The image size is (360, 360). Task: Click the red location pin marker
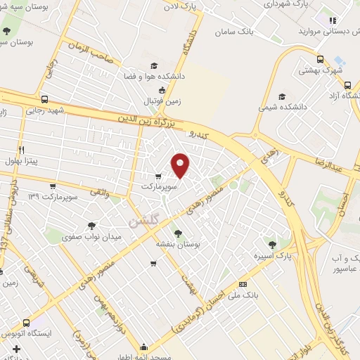(x=181, y=166)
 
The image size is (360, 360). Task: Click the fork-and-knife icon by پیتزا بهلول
(x=22, y=150)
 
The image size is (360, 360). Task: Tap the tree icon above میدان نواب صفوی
(x=91, y=226)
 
